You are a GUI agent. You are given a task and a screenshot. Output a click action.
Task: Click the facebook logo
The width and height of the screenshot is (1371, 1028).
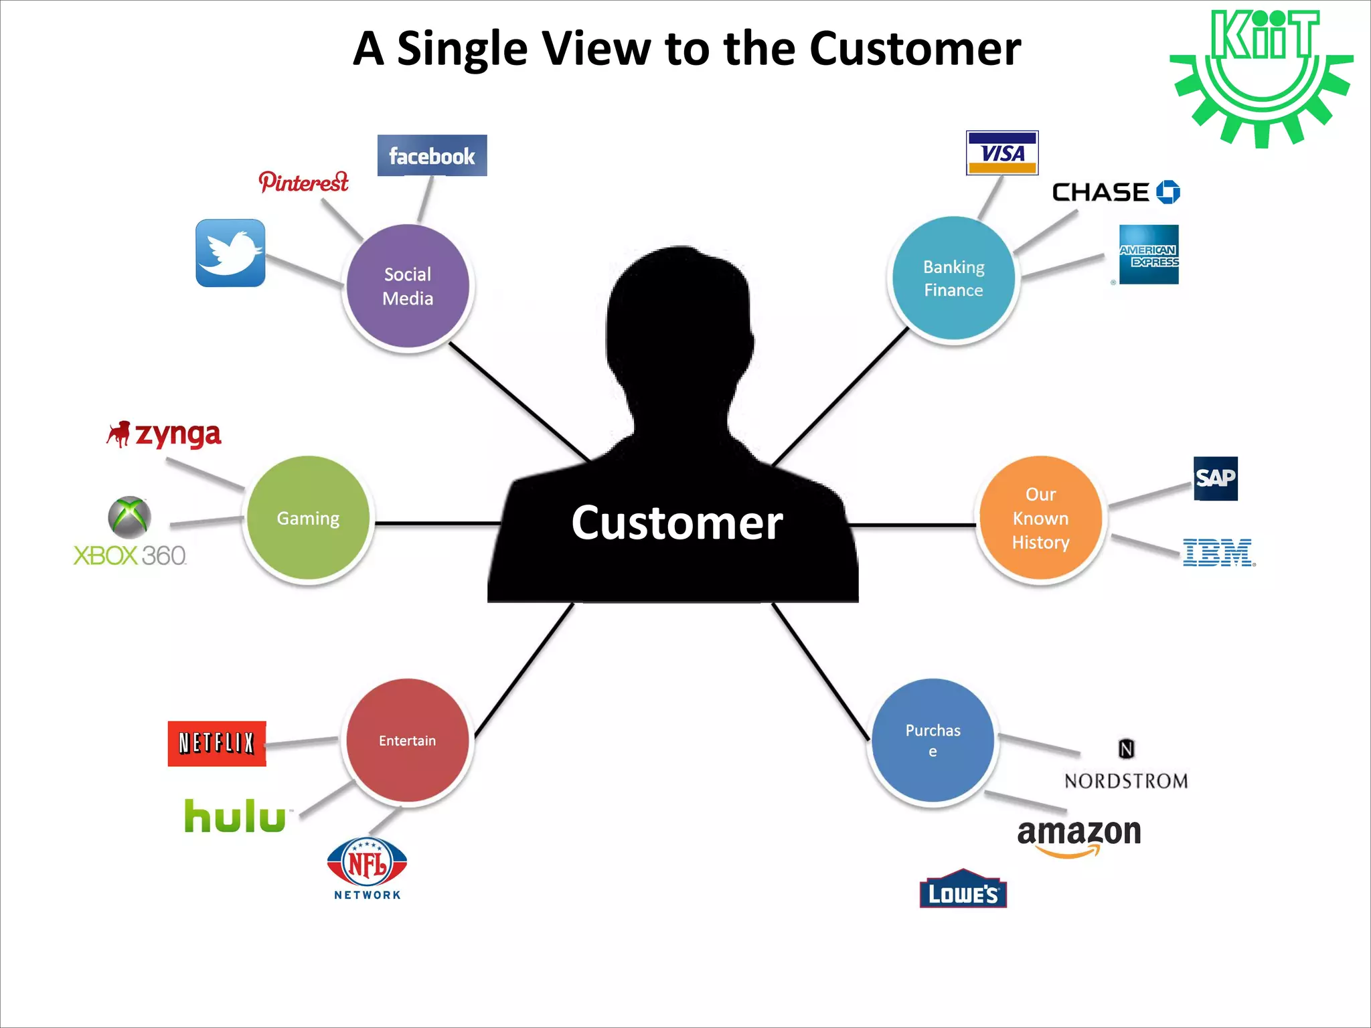click(x=432, y=155)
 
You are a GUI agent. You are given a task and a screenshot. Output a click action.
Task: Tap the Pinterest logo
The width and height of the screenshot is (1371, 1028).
click(x=303, y=181)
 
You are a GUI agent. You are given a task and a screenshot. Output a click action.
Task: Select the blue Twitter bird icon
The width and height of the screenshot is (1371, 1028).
click(x=230, y=253)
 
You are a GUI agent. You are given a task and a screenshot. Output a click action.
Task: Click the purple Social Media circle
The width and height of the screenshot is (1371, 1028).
click(x=408, y=286)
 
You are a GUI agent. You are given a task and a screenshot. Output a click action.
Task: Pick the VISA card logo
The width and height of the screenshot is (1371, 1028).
click(x=1002, y=153)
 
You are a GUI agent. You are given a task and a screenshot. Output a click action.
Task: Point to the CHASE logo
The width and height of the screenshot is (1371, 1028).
click(x=1115, y=193)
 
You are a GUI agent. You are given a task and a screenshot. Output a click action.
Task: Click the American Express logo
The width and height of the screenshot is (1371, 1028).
click(x=1149, y=255)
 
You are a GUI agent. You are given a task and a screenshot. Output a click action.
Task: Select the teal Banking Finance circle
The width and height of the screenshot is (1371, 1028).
click(x=954, y=278)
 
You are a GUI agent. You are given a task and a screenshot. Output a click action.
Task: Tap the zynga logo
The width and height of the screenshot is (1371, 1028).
click(x=165, y=435)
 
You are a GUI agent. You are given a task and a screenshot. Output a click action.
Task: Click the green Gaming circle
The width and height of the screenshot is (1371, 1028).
click(x=308, y=518)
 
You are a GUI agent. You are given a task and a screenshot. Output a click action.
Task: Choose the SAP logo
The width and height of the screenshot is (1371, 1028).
click(x=1216, y=479)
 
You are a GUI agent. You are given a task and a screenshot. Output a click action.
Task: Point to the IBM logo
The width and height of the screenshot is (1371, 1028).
click(x=1218, y=553)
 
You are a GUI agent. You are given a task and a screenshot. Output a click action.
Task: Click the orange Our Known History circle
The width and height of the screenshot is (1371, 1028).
click(x=1040, y=518)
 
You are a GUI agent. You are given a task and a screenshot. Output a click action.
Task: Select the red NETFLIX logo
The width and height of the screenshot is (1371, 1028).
click(x=217, y=744)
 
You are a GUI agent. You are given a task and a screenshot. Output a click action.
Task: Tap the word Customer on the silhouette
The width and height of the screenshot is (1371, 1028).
click(x=677, y=523)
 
